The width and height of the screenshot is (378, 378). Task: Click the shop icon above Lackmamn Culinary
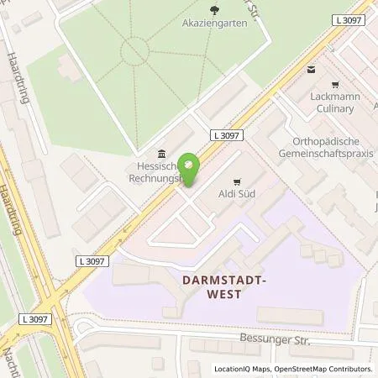click(x=336, y=85)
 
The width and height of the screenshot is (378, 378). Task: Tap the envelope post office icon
click(x=312, y=71)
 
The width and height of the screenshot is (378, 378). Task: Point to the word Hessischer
click(x=151, y=165)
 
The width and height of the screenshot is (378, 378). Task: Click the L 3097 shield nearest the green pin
click(x=228, y=134)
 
